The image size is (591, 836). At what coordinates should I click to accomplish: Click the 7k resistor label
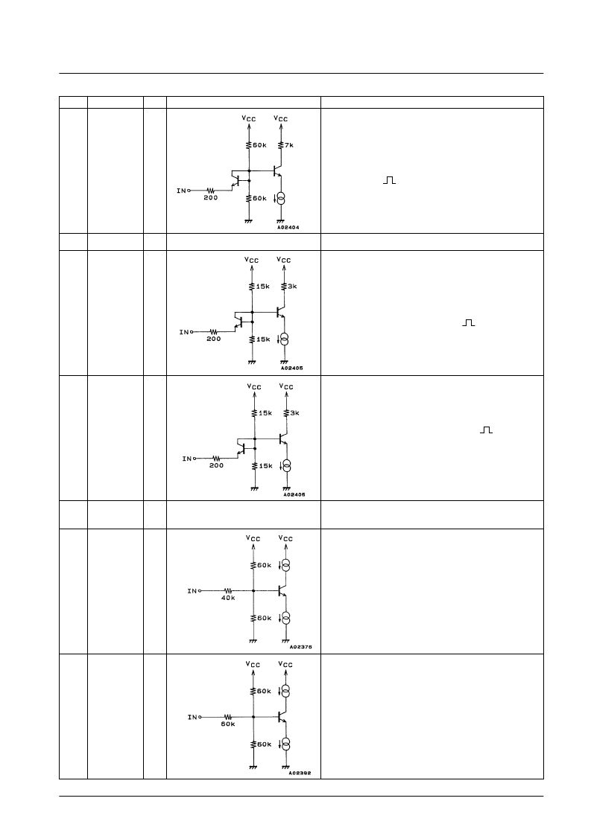click(289, 145)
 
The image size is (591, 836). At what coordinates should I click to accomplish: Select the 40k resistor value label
click(228, 599)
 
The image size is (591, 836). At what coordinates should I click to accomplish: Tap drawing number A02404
click(288, 228)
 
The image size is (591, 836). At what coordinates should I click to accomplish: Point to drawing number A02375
click(300, 647)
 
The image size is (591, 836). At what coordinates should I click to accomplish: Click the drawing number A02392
click(300, 773)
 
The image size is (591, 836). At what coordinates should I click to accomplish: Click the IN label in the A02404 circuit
click(182, 191)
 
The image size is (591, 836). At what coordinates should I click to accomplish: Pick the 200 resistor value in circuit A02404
click(211, 198)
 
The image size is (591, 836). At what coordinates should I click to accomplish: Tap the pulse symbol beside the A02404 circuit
click(389, 180)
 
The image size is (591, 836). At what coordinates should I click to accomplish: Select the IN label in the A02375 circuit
click(192, 591)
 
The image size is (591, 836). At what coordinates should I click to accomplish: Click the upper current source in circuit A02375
click(285, 565)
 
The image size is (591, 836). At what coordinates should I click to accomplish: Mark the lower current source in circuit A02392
click(285, 744)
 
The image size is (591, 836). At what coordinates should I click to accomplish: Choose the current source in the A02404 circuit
click(281, 198)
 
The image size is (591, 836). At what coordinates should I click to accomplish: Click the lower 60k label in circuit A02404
click(260, 198)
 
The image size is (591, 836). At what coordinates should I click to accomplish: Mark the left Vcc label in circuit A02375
click(253, 538)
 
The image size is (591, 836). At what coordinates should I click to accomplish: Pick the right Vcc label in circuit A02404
click(281, 118)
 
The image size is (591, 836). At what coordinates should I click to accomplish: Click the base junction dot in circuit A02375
click(253, 591)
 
